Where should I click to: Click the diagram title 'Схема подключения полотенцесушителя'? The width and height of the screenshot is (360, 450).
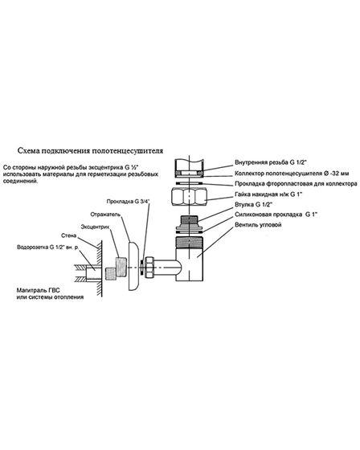90,151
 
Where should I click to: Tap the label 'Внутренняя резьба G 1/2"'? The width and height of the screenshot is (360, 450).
271,162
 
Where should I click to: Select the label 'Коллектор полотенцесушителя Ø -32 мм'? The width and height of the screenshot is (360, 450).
292,174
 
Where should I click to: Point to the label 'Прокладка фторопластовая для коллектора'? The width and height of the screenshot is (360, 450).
296,184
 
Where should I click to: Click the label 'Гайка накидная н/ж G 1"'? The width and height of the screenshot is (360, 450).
268,194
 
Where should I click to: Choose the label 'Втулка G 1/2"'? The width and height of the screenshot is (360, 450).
253,205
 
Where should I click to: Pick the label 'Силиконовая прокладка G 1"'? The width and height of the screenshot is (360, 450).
276,215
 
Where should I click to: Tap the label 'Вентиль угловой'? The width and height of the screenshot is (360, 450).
258,224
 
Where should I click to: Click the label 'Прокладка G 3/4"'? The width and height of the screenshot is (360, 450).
129,202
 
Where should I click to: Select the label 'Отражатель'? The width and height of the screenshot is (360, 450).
105,215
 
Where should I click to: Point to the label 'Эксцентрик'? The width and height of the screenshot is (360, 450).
96,227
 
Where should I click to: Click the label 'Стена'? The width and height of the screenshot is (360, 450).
69,235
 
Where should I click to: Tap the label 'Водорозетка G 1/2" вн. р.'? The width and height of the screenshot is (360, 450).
47,247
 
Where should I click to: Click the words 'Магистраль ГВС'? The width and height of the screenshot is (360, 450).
39,290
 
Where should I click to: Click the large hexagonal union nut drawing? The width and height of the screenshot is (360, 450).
189,196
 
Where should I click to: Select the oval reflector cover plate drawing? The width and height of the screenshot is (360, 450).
133,266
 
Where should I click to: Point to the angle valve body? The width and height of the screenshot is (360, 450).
190,259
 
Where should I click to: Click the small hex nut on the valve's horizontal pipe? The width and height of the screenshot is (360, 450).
149,267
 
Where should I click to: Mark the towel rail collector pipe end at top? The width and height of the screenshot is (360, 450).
190,167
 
